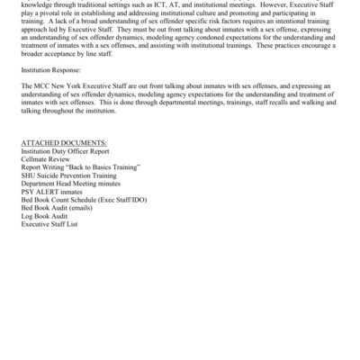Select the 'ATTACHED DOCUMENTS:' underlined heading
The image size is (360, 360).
63,142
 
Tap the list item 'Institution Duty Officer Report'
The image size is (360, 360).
70,150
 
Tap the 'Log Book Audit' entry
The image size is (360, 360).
45,214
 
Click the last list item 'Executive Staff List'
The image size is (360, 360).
50,222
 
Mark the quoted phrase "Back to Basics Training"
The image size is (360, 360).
108,166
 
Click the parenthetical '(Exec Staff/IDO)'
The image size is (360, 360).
124,198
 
